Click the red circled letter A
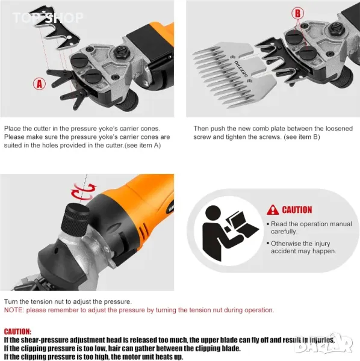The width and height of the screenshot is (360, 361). (x=39, y=84)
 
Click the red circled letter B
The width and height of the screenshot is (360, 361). (x=297, y=13)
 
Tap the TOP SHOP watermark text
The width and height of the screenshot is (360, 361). (x=48, y=18)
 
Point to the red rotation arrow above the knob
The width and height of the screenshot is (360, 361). (x=84, y=191)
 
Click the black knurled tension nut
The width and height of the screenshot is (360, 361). (x=75, y=220)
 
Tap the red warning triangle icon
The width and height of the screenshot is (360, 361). (x=273, y=210)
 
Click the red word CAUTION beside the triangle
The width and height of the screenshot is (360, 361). (x=297, y=210)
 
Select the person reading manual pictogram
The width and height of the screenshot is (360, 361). (x=229, y=233)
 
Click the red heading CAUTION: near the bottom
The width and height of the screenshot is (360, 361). (x=17, y=332)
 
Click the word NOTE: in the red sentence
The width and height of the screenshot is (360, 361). (x=14, y=310)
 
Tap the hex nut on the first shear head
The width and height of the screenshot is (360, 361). (x=122, y=52)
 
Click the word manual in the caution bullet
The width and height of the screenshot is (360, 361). (x=341, y=224)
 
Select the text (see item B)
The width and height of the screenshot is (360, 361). (x=302, y=137)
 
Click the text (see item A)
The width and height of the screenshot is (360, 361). (x=143, y=146)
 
